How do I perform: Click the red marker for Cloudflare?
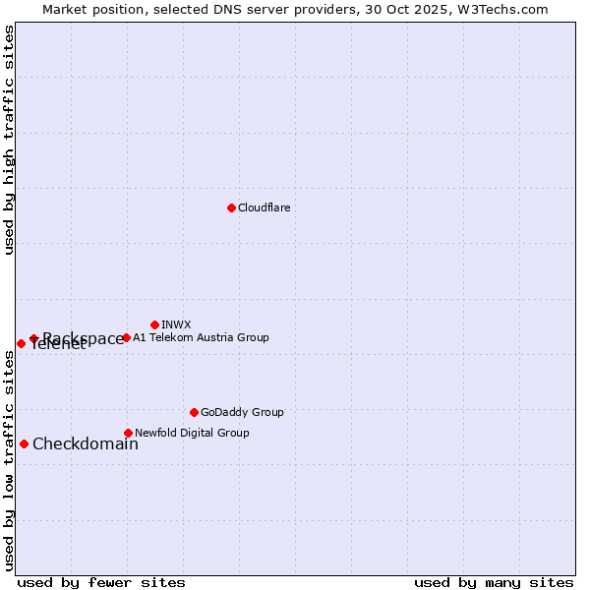point(231,207)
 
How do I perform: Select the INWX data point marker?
point(154,324)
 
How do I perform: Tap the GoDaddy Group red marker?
point(194,412)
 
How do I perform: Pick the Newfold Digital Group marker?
point(128,433)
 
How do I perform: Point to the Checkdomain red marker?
point(24,443)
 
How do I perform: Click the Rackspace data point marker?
point(33,338)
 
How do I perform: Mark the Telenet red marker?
point(21,343)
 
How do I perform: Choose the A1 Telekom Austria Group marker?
point(126,337)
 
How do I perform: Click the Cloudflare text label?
point(264,207)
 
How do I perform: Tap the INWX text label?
point(176,324)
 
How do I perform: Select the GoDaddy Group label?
point(242,412)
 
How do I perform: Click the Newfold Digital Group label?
point(192,433)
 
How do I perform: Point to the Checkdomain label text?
point(86,443)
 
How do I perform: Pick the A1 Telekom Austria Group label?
point(201,337)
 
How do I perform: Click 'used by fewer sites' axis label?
point(101,582)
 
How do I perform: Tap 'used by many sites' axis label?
point(494,582)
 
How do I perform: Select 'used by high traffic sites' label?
point(10,140)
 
